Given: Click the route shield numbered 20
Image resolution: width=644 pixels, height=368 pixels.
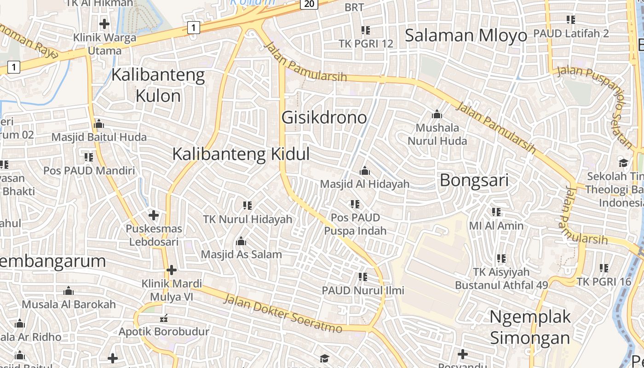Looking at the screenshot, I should tap(310, 4).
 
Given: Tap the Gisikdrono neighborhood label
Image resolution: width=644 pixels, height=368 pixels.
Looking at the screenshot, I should tap(324, 117).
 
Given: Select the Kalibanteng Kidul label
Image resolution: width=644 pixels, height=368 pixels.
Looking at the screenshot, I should tap(241, 154).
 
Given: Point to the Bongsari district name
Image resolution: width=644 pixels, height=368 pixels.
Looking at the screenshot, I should tap(474, 180).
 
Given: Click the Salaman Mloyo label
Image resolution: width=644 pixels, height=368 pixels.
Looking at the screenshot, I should tap(466, 35).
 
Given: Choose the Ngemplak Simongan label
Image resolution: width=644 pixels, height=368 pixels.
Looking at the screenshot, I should tap(530, 327).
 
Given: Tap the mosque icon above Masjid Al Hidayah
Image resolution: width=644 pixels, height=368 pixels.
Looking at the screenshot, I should tap(365, 171).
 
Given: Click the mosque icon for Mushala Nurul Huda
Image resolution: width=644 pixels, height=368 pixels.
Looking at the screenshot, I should tap(437, 114).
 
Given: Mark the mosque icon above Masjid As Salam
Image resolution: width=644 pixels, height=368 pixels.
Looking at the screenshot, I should tap(241, 241).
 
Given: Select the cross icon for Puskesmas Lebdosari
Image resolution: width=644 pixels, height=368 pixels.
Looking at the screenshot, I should tap(154, 215).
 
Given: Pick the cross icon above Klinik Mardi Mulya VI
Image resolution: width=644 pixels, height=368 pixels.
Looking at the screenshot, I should tap(172, 270).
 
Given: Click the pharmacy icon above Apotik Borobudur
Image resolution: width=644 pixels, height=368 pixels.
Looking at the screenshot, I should tap(163, 318).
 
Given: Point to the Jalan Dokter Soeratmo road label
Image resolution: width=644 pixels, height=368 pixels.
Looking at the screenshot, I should tap(283, 314).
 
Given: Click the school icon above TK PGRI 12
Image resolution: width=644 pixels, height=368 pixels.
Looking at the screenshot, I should tap(366, 30).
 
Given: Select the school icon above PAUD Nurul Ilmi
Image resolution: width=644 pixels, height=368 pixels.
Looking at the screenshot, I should tap(363, 276).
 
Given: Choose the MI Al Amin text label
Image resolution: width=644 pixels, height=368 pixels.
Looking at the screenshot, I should tap(496, 225).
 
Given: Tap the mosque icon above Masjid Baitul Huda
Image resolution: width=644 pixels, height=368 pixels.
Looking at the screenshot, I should tap(99, 124).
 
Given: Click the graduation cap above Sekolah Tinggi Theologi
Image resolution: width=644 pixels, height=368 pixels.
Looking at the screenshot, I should tap(623, 163).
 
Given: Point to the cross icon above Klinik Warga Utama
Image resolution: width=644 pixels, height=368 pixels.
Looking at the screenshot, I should tap(104, 23).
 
